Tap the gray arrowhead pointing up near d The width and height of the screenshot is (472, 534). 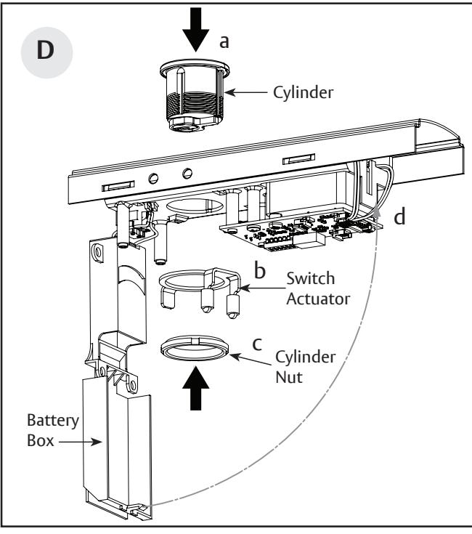[x=378, y=213]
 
